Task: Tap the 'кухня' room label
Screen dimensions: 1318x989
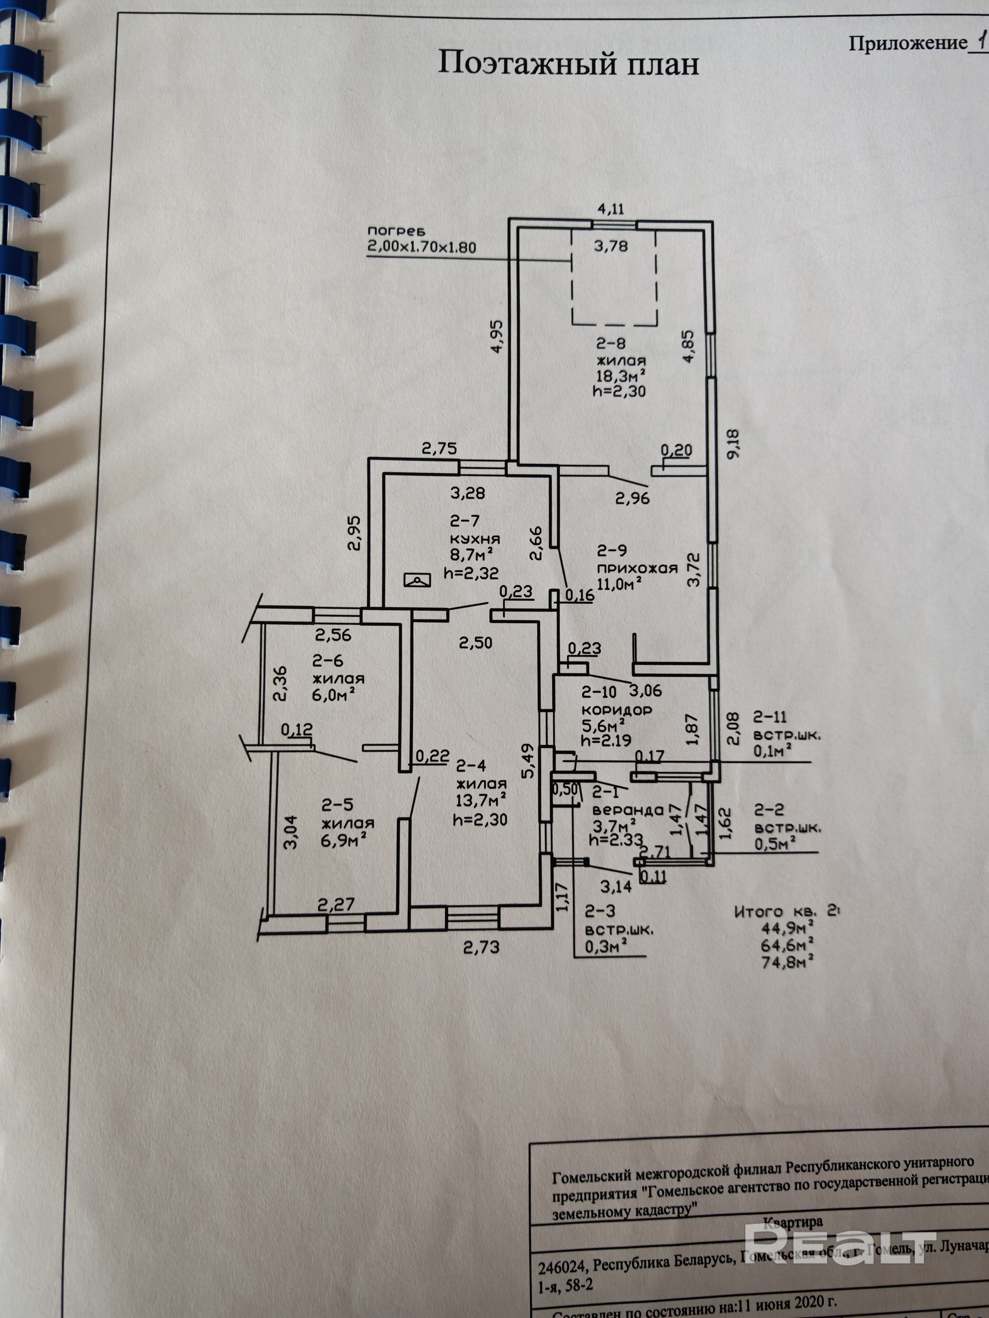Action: [x=475, y=538]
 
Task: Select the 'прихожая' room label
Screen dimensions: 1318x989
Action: [x=637, y=568]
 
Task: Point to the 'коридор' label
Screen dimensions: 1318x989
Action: [x=617, y=710]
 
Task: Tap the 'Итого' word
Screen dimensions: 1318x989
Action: [x=758, y=912]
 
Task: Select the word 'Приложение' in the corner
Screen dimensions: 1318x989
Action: [x=907, y=43]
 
